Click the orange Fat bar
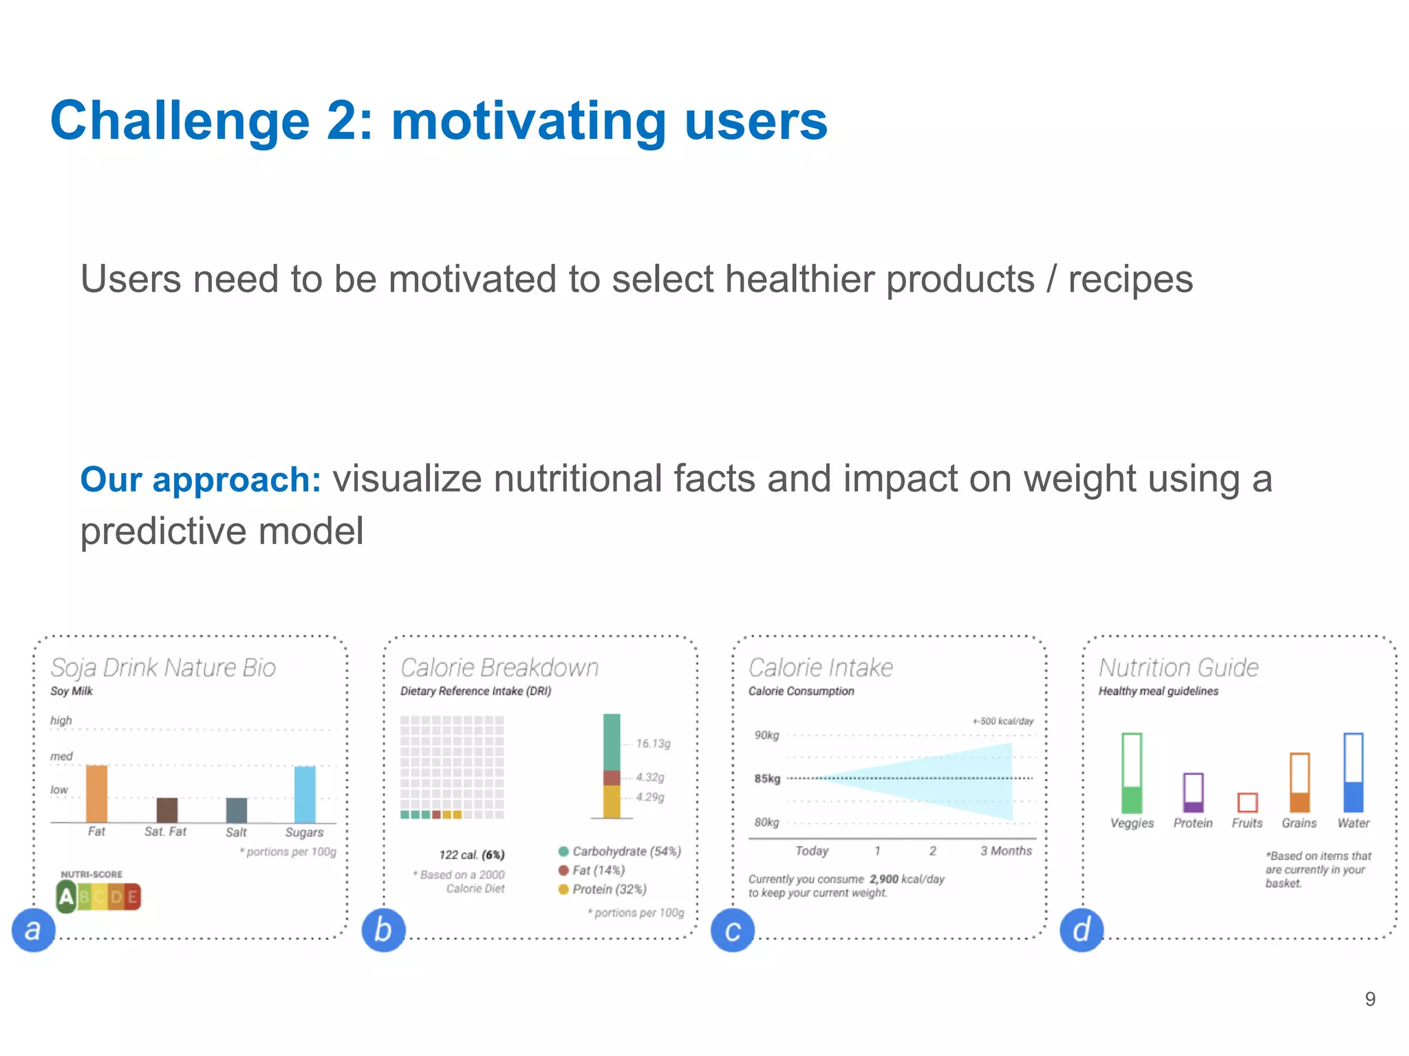tap(96, 793)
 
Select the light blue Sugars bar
tap(305, 794)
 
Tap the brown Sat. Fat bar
tap(166, 810)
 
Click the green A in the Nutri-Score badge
tap(66, 896)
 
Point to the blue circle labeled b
tap(383, 930)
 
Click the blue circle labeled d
tap(1082, 930)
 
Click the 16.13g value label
tap(653, 743)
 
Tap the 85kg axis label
tap(767, 778)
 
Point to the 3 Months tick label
tap(1006, 850)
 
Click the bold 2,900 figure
tap(883, 879)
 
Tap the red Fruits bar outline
tap(1247, 802)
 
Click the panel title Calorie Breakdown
tap(499, 668)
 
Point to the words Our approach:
tap(200, 479)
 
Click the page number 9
tap(1370, 999)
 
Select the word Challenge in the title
tap(180, 121)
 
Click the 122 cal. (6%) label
tap(472, 855)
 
